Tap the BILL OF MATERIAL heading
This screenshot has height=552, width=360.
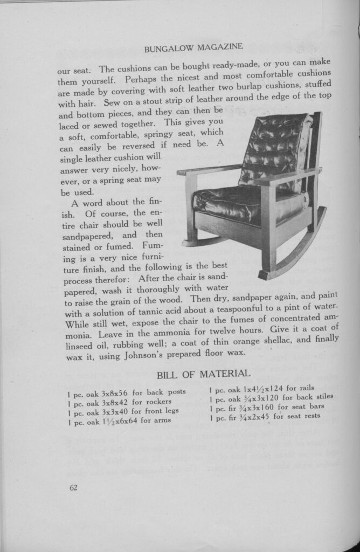coord(203,373)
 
